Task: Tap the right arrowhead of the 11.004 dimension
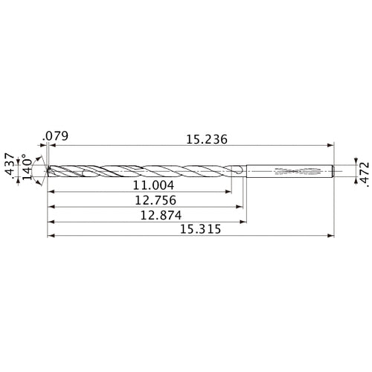(x=229, y=191)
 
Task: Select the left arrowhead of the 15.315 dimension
(x=50, y=237)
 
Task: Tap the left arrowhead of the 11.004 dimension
(x=51, y=191)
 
